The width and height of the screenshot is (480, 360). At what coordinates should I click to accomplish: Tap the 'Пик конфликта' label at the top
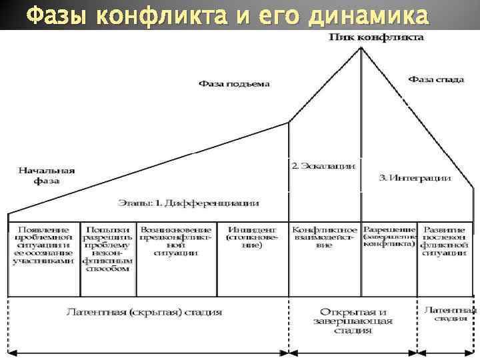[377, 37]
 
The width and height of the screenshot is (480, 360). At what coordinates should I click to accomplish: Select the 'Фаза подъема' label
[233, 84]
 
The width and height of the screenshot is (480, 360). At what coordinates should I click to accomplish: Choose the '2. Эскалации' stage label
[323, 165]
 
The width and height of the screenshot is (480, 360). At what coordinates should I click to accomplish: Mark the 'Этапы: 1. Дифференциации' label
[189, 202]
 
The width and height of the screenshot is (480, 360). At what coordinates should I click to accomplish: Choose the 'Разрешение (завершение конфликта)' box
[389, 236]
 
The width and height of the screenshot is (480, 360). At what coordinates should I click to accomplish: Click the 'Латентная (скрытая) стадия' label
[144, 312]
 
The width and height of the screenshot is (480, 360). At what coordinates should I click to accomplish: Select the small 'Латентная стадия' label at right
[450, 313]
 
